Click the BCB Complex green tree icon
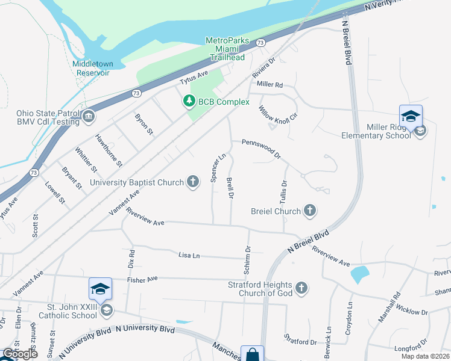190,102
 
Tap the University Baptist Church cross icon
193,182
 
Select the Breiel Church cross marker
309,211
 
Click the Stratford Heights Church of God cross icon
301,289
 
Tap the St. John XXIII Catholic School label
68,310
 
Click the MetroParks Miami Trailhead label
227,49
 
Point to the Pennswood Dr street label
261,147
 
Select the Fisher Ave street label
142,279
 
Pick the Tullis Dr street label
283,192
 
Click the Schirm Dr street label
247,257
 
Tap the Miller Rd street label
270,85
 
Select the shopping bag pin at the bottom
252,354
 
